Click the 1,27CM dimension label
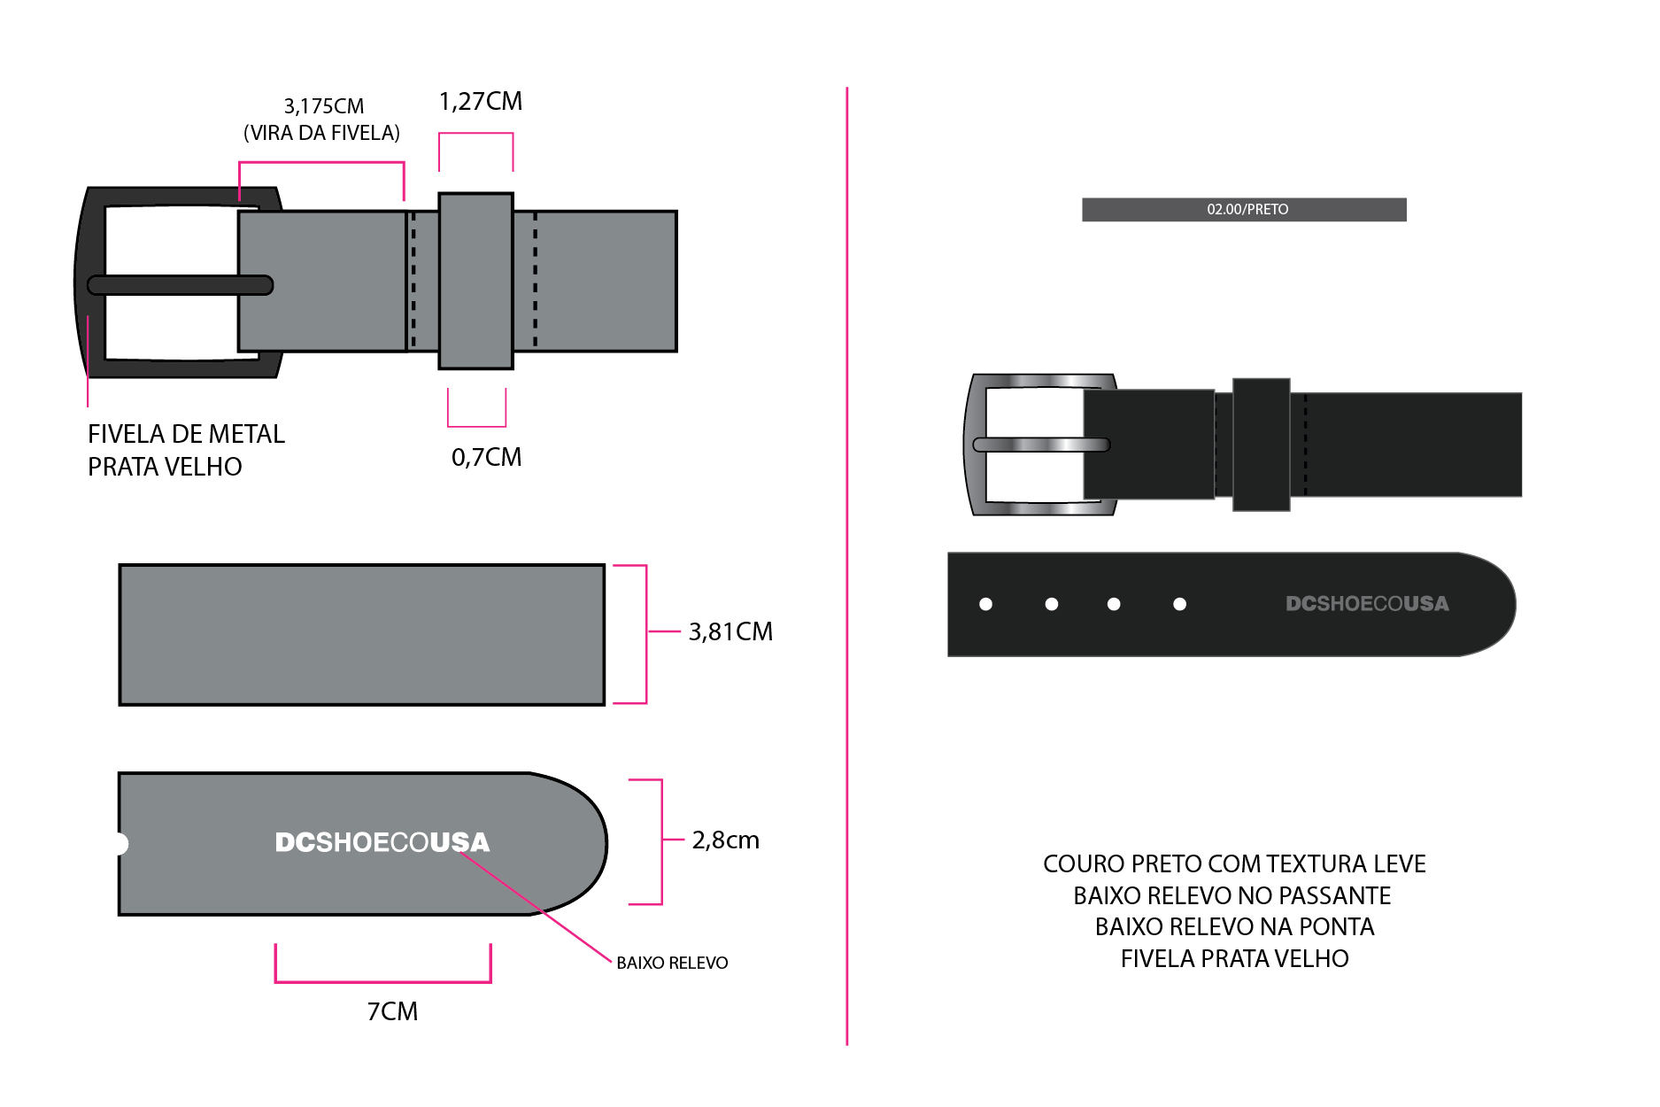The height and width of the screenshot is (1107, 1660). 481,102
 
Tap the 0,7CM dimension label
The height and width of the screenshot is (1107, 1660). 486,457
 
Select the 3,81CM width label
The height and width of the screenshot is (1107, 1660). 730,631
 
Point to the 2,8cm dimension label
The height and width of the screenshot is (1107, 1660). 725,840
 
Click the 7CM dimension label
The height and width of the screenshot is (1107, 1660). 392,1011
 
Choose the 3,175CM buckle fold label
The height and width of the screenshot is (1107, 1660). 323,106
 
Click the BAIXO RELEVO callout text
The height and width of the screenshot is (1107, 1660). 672,963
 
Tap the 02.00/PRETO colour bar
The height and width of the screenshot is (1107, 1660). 1244,210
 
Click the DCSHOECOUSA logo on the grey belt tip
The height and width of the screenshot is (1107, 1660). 382,842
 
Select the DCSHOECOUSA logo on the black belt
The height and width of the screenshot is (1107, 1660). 1367,604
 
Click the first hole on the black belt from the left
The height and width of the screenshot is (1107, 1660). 985,604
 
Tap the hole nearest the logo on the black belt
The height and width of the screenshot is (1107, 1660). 1179,604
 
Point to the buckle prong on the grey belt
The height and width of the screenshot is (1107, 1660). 181,285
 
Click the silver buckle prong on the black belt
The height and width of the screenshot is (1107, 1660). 1041,445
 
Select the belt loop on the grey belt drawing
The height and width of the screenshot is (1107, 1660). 475,281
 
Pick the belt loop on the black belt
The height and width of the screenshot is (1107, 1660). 1261,445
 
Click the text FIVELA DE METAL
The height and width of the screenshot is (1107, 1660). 186,434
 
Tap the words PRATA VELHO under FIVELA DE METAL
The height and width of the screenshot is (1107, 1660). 165,467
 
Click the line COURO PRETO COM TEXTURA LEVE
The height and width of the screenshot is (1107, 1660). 1234,863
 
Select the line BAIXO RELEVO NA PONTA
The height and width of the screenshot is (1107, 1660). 1234,926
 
